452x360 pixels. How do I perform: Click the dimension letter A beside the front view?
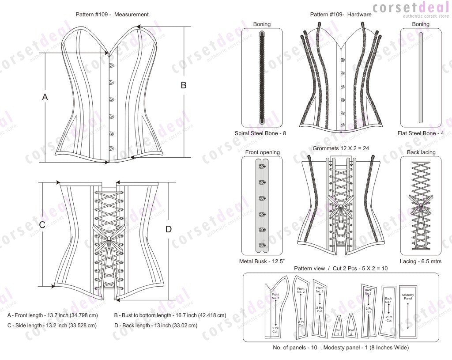[45, 97]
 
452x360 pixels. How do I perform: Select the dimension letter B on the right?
[184, 86]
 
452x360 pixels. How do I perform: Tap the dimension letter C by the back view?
[42, 225]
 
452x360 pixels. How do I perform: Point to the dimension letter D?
[168, 229]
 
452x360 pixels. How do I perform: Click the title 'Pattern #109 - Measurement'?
[112, 15]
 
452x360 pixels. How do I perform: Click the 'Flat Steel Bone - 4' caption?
[420, 133]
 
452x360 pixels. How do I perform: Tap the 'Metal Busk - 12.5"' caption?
[261, 261]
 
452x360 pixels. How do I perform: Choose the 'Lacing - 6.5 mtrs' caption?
[420, 261]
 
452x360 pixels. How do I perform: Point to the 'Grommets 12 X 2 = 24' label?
[341, 148]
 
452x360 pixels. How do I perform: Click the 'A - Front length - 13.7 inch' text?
[53, 316]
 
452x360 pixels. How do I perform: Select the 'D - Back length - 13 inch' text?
[155, 326]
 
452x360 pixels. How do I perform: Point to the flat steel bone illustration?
[420, 77]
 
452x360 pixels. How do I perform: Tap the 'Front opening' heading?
[262, 152]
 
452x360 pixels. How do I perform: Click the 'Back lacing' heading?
[421, 152]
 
